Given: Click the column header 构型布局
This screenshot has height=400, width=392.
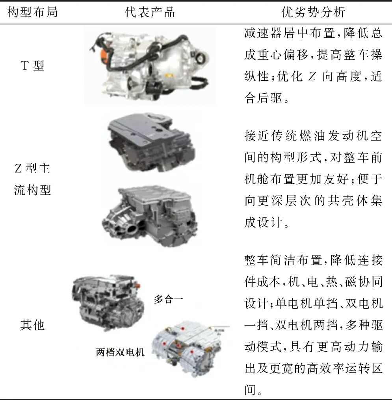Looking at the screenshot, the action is (x=33, y=12).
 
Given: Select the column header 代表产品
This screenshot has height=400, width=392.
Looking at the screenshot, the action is (x=150, y=12).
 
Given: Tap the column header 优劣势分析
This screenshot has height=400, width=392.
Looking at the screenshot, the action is (x=313, y=12).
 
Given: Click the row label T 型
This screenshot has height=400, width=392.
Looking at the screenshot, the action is (x=32, y=66).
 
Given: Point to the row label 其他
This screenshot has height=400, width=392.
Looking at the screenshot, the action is (x=32, y=325).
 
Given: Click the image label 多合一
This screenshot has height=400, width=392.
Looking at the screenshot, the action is (x=169, y=299).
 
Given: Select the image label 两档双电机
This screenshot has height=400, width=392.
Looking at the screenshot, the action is (x=120, y=352).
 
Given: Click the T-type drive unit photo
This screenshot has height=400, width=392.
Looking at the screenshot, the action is (x=150, y=66).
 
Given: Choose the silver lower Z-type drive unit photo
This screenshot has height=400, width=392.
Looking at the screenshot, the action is (x=150, y=216).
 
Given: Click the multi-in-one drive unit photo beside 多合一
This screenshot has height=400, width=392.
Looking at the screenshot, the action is (x=107, y=303).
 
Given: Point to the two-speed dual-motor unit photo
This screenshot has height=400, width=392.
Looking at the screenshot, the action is (x=188, y=348).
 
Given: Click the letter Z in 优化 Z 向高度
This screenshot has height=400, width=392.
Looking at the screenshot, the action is (x=312, y=76).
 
